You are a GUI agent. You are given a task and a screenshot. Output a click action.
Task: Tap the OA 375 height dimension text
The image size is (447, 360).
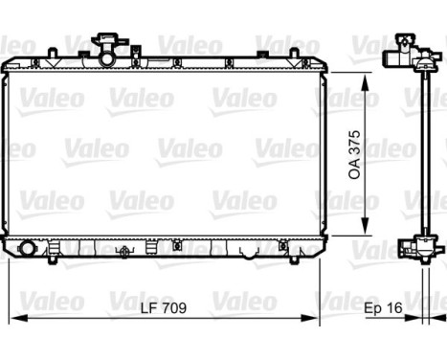[x=355, y=154]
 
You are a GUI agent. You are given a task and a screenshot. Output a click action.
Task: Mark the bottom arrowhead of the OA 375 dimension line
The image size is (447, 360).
[x=365, y=230]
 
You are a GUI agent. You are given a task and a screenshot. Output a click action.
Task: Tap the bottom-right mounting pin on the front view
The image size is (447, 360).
[x=286, y=259]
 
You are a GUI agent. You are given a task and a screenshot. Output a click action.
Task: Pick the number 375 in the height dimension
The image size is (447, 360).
[x=355, y=142]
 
